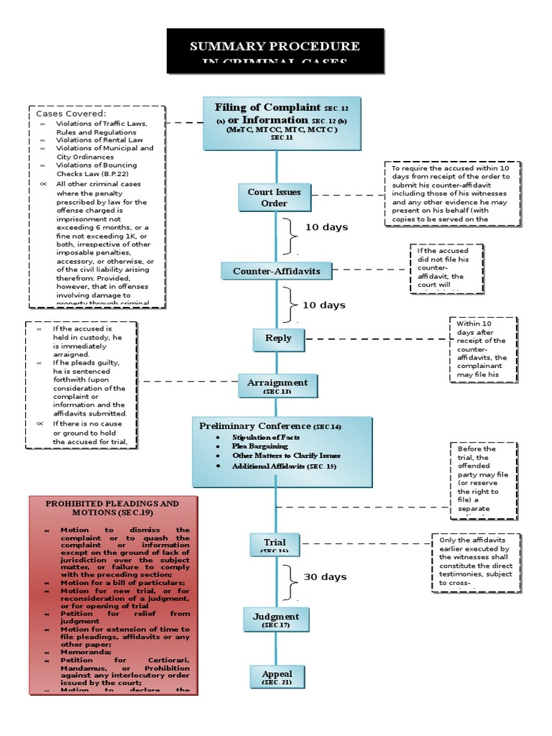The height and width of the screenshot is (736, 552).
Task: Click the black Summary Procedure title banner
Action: pyautogui.click(x=275, y=51)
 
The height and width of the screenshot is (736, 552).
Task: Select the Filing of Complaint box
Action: pyautogui.click(x=281, y=123)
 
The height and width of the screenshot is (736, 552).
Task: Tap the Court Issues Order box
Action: pyautogui.click(x=274, y=197)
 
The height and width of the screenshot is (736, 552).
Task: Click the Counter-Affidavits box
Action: pyautogui.click(x=276, y=271)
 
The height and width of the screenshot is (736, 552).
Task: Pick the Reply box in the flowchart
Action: pyautogui.click(x=278, y=338)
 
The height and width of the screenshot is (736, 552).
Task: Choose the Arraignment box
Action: pyautogui.click(x=277, y=386)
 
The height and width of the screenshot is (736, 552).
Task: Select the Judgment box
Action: pyautogui.click(x=275, y=620)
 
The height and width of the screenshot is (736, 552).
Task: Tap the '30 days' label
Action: pyautogui.click(x=325, y=576)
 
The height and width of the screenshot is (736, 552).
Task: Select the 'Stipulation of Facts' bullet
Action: pyautogui.click(x=266, y=437)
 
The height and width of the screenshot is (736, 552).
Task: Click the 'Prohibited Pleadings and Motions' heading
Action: pyautogui.click(x=112, y=508)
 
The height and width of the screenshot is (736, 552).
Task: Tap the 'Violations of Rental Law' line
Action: pyautogui.click(x=100, y=140)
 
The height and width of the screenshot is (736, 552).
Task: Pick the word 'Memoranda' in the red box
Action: pyautogui.click(x=85, y=645)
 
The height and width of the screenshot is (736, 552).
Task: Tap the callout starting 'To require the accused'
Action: pyautogui.click(x=449, y=193)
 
